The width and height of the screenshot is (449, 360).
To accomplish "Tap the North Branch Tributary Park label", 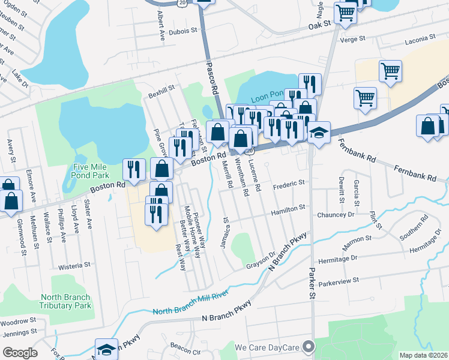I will (x=66, y=301).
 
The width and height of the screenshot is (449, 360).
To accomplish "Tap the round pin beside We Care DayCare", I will (x=309, y=347).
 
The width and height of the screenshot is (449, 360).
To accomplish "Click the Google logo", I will (x=20, y=353).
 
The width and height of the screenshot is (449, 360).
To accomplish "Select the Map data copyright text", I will (x=424, y=355).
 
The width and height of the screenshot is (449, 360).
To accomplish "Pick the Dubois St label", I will (x=183, y=32).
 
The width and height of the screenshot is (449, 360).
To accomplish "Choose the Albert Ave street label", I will (x=161, y=25).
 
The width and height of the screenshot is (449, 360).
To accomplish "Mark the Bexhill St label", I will (x=162, y=88).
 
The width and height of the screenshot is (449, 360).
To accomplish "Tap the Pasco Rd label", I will (x=211, y=79).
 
